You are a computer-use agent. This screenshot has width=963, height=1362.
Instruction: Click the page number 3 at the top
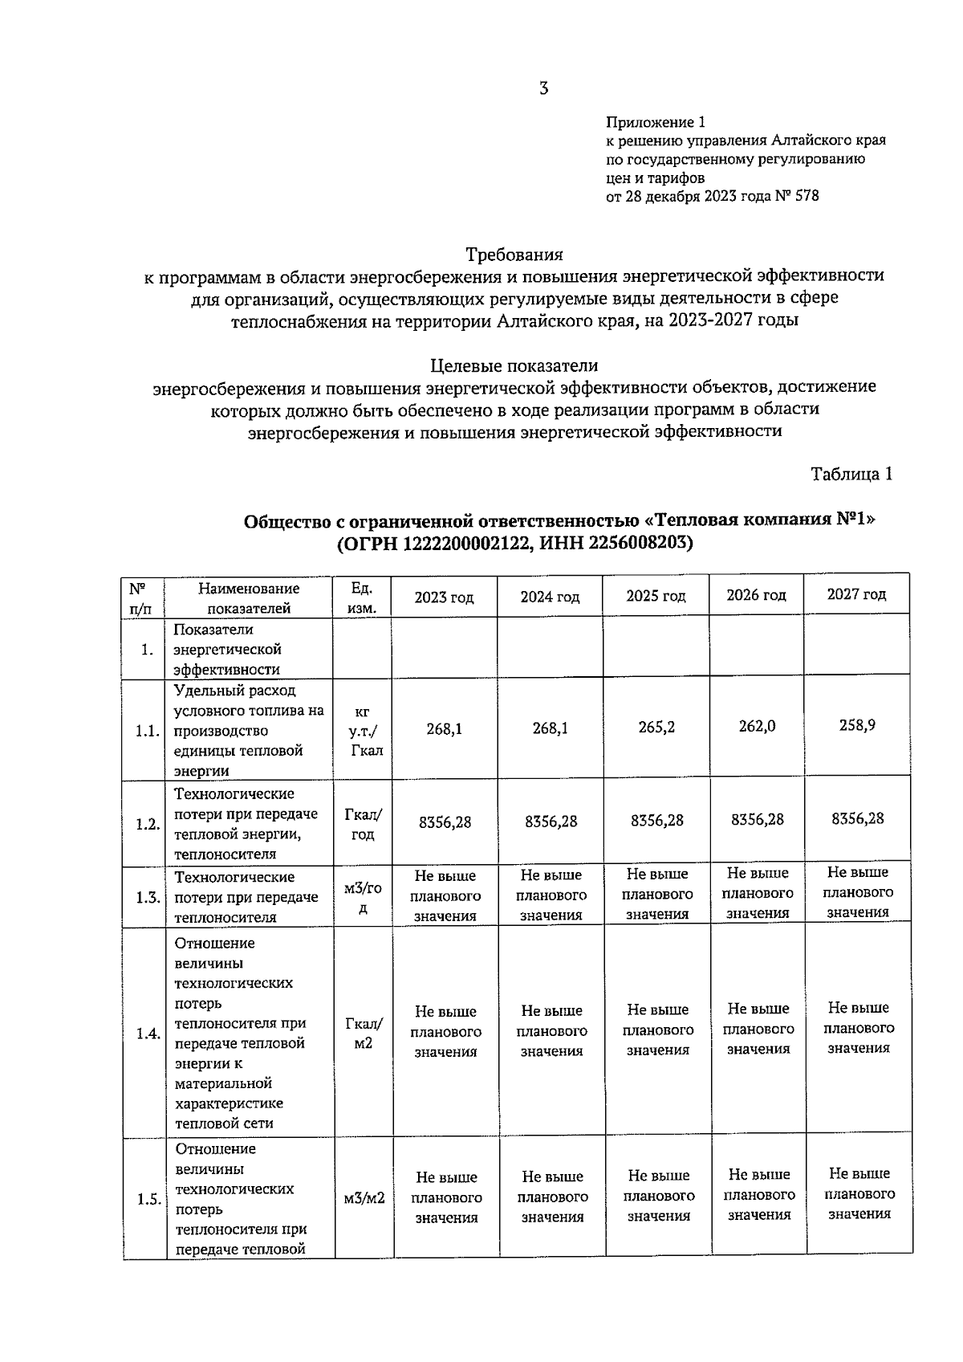[543, 88]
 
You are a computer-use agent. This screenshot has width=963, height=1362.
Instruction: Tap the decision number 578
[806, 196]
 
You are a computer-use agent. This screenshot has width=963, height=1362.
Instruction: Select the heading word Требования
[514, 255]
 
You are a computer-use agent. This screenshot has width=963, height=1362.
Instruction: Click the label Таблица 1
[851, 474]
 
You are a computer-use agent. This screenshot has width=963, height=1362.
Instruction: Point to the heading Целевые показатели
[514, 366]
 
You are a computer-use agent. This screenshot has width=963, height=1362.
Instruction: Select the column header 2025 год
[656, 597]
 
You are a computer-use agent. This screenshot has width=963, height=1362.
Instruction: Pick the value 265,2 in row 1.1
[656, 727]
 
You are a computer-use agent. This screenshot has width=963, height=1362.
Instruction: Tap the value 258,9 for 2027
[857, 724]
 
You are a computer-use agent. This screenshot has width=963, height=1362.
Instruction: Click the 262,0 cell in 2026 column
[757, 726]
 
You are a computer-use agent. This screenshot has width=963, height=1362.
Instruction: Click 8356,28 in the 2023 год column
[445, 822]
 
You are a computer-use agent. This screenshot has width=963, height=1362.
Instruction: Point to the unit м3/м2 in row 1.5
[364, 1198]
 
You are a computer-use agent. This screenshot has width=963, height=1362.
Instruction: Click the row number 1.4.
[148, 1034]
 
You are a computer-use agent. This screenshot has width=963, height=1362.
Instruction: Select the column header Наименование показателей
[249, 598]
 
